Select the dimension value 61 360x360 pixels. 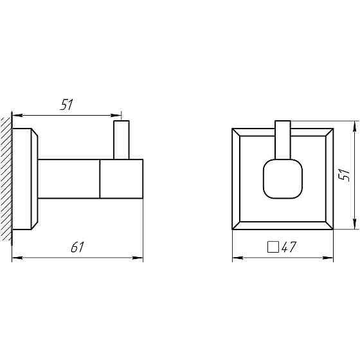78,247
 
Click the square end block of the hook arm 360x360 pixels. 121,179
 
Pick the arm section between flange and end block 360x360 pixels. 69,179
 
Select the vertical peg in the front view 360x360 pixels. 283,138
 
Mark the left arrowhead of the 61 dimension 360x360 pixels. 17,258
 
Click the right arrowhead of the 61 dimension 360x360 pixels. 138,258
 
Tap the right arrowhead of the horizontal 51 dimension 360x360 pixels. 117,116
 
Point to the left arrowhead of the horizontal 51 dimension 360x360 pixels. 17,116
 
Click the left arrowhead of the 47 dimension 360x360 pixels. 236,259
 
